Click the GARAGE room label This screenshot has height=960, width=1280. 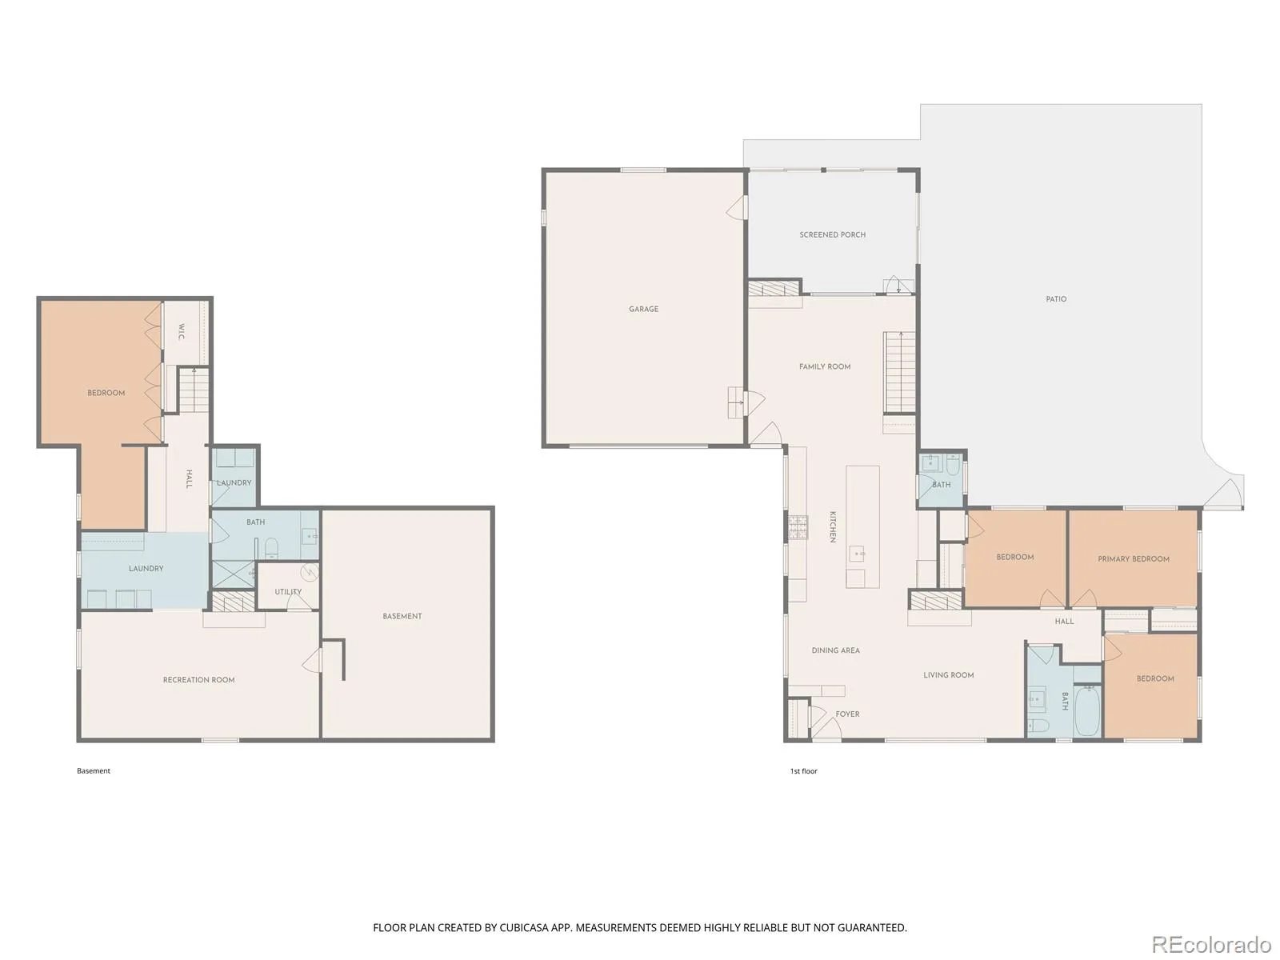click(643, 309)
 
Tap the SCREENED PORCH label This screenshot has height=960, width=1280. click(832, 235)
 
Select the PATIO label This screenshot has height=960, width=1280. click(1056, 299)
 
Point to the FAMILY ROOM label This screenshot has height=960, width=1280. click(825, 366)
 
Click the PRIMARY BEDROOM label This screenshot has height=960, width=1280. click(1134, 559)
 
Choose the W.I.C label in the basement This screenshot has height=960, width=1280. click(182, 332)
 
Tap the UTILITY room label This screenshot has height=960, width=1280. click(288, 592)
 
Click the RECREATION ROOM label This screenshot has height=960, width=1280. click(199, 680)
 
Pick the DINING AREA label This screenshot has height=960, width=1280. click(836, 650)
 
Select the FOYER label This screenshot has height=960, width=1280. click(847, 714)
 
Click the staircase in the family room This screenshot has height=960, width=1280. click(900, 373)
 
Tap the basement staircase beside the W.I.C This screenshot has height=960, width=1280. click(194, 390)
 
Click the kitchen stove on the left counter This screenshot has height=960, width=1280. click(798, 527)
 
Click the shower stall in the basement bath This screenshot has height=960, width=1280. click(234, 574)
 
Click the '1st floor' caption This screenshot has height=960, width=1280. click(803, 771)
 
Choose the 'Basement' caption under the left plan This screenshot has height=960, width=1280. click(94, 770)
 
